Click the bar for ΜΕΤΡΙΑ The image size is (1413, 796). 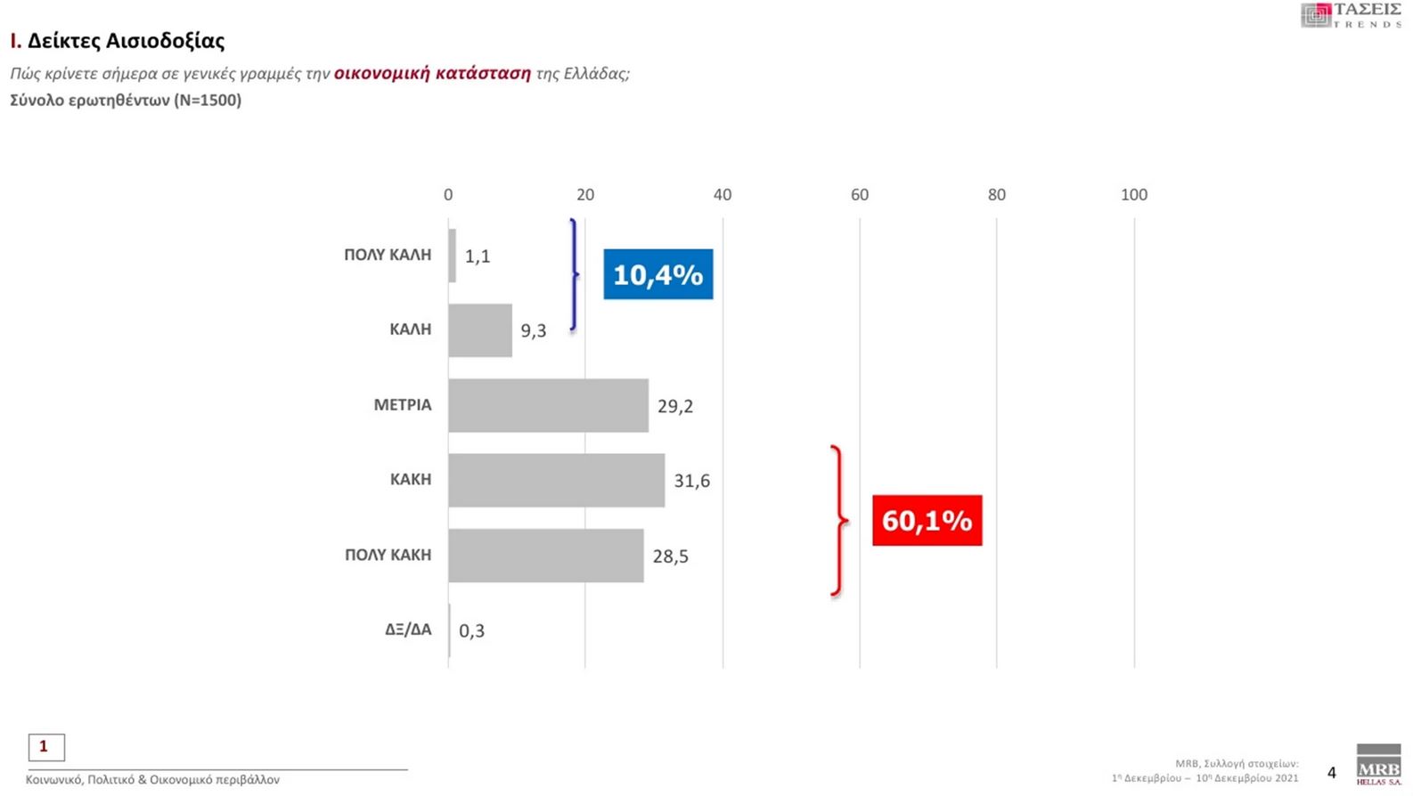pos(548,405)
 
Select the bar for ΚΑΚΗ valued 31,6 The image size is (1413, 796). pos(556,480)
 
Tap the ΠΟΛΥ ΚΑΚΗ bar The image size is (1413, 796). pos(545,556)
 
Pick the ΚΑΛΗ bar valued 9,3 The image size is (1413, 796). pos(480,330)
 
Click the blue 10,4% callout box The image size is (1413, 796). pos(657,274)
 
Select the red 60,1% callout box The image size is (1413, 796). pos(927,520)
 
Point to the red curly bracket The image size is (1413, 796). pos(837,521)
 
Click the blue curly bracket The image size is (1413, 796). pos(574,274)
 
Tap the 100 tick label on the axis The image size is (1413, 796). pos(1133,195)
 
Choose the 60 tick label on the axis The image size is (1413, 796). pos(859,195)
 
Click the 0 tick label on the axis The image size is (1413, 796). pos(448,195)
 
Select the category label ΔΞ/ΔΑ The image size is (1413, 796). pos(408,629)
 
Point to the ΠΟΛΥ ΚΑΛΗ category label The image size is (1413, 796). pos(388,255)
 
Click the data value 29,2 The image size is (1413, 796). pos(675,406)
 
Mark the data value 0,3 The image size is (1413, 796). pos(471,631)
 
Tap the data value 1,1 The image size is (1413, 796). pos(478,256)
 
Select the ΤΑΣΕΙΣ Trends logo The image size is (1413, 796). pos(1351,15)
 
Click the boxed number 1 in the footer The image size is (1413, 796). pos(46,747)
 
